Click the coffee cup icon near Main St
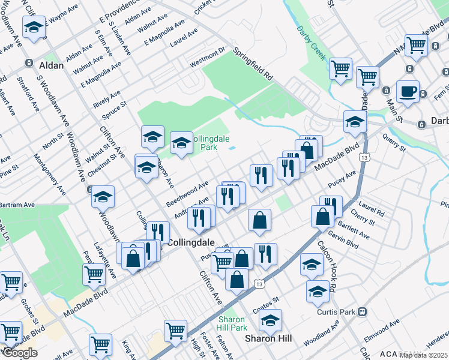pos(408,91)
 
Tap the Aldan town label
pos(51,65)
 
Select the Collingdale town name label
pos(190,242)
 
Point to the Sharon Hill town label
pos(268,338)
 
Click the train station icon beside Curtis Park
pos(362,312)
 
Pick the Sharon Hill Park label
pos(232,323)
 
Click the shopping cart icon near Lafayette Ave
pos(94,274)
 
